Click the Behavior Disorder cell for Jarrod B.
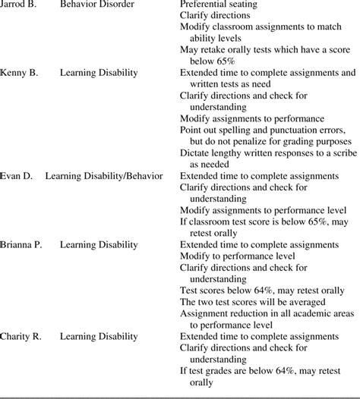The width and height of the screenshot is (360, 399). (x=96, y=5)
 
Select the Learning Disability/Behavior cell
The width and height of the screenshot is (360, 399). (x=103, y=176)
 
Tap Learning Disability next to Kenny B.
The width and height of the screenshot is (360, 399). (x=99, y=73)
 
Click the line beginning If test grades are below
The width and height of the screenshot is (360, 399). (x=267, y=370)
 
